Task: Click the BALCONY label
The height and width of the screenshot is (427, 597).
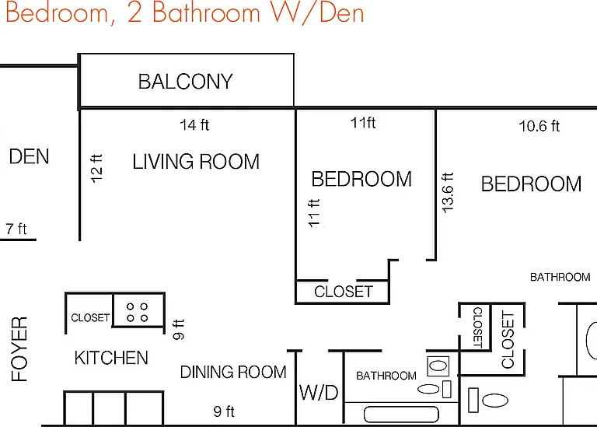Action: tap(186, 82)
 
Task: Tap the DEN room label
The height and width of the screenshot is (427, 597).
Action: tap(29, 156)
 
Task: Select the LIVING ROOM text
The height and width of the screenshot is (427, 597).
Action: tap(196, 162)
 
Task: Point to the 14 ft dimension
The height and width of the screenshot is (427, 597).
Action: tap(194, 125)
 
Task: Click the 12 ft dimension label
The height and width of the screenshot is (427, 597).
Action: tap(96, 168)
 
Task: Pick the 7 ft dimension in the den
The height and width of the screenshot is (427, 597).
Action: tap(16, 229)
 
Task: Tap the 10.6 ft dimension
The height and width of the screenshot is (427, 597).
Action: tap(539, 126)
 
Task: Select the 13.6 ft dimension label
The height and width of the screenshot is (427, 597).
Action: tap(448, 192)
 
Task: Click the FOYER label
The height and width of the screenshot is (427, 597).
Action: tap(19, 349)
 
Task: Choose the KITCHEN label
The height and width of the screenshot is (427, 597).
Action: tap(111, 358)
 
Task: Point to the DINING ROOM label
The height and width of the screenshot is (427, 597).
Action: tap(233, 372)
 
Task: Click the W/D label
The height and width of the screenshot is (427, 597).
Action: tap(319, 393)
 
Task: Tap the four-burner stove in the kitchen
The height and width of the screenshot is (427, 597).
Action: tap(138, 312)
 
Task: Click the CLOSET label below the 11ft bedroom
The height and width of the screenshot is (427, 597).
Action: tap(344, 292)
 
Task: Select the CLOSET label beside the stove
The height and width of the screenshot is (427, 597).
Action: tap(90, 317)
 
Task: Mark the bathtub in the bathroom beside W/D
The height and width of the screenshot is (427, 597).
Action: tap(401, 415)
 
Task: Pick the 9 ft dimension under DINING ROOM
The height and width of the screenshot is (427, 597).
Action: tap(224, 411)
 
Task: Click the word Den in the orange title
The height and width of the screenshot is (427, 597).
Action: tap(342, 13)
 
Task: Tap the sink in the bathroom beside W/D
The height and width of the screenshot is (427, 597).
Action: tap(438, 366)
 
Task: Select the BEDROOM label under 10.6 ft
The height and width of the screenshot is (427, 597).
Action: tap(531, 184)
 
